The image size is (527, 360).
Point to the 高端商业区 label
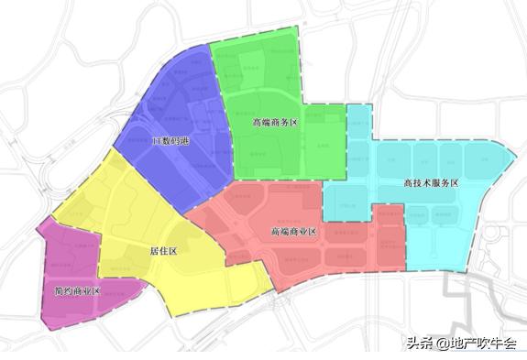[x=294, y=232]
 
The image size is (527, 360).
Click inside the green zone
[x=266, y=82]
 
